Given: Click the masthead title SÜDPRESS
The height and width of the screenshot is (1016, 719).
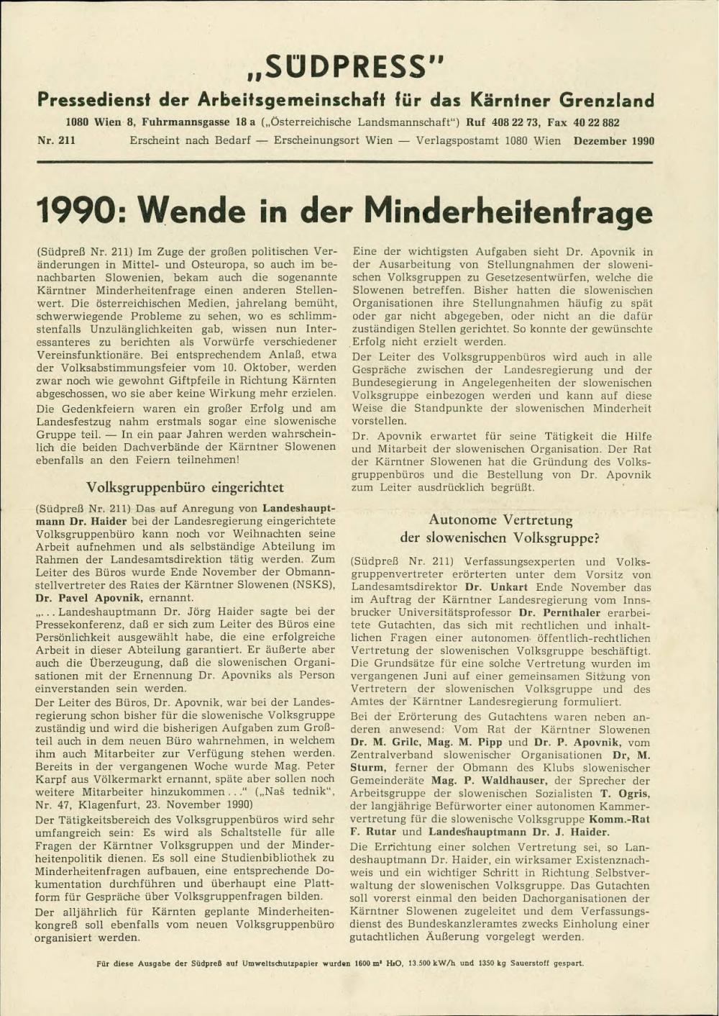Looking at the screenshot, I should tap(346, 66).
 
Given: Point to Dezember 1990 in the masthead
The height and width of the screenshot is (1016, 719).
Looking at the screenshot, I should tap(614, 141).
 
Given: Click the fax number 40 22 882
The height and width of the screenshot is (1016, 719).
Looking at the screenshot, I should tap(596, 122).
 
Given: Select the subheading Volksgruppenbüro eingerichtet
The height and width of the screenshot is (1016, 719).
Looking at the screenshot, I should tap(185, 487).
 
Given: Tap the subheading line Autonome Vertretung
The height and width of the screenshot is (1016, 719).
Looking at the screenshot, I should tap(500, 520).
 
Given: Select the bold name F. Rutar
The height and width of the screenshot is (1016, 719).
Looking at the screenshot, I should tap(373, 832).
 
